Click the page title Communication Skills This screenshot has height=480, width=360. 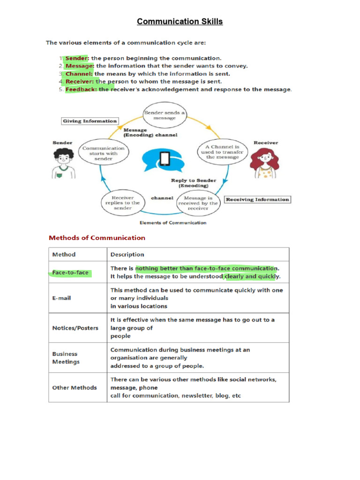coord(180,22)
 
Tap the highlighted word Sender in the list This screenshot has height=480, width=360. coord(76,58)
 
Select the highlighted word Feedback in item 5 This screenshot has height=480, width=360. coord(81,89)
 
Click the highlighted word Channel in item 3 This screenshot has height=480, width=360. coord(79,74)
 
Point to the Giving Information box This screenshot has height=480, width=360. coord(90,121)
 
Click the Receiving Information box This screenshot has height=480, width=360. coord(257,199)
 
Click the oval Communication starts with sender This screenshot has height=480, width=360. coord(103,153)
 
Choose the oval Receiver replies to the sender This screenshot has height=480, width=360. coord(123,202)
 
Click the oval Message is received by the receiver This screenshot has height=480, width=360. coord(198,202)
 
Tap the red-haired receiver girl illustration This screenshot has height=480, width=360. coord(265,162)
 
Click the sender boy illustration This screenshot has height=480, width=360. coord(62,163)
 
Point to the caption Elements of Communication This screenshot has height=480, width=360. coord(173,223)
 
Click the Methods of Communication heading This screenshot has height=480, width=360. coord(97,238)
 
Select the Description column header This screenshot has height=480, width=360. coord(127,255)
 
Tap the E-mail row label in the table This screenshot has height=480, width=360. coord(61,298)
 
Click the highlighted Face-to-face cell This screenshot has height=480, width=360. coord(70,272)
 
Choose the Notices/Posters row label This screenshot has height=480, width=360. coord(75,328)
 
